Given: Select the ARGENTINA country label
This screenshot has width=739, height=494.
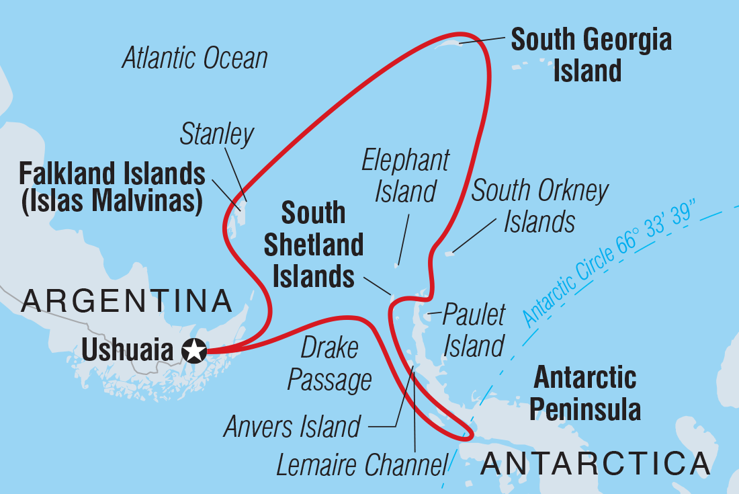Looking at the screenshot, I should click(x=126, y=302).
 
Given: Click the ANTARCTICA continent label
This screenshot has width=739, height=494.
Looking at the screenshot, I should click(x=595, y=464).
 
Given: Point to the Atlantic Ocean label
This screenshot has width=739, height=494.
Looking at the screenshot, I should click(x=195, y=58).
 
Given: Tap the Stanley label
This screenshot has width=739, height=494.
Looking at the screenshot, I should click(x=217, y=135).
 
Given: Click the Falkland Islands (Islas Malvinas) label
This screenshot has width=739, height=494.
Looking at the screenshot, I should click(x=112, y=188).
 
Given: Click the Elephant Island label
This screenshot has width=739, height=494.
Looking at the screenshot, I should click(x=405, y=176).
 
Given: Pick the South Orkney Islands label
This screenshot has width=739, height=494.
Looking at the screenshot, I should click(x=539, y=206).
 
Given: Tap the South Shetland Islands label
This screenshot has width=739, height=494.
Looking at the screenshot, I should click(x=313, y=245).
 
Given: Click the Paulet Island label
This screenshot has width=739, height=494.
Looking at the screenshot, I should click(x=474, y=331).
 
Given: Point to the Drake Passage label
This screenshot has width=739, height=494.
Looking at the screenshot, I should click(x=329, y=364).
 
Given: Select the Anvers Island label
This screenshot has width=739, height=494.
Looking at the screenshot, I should click(x=292, y=426).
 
